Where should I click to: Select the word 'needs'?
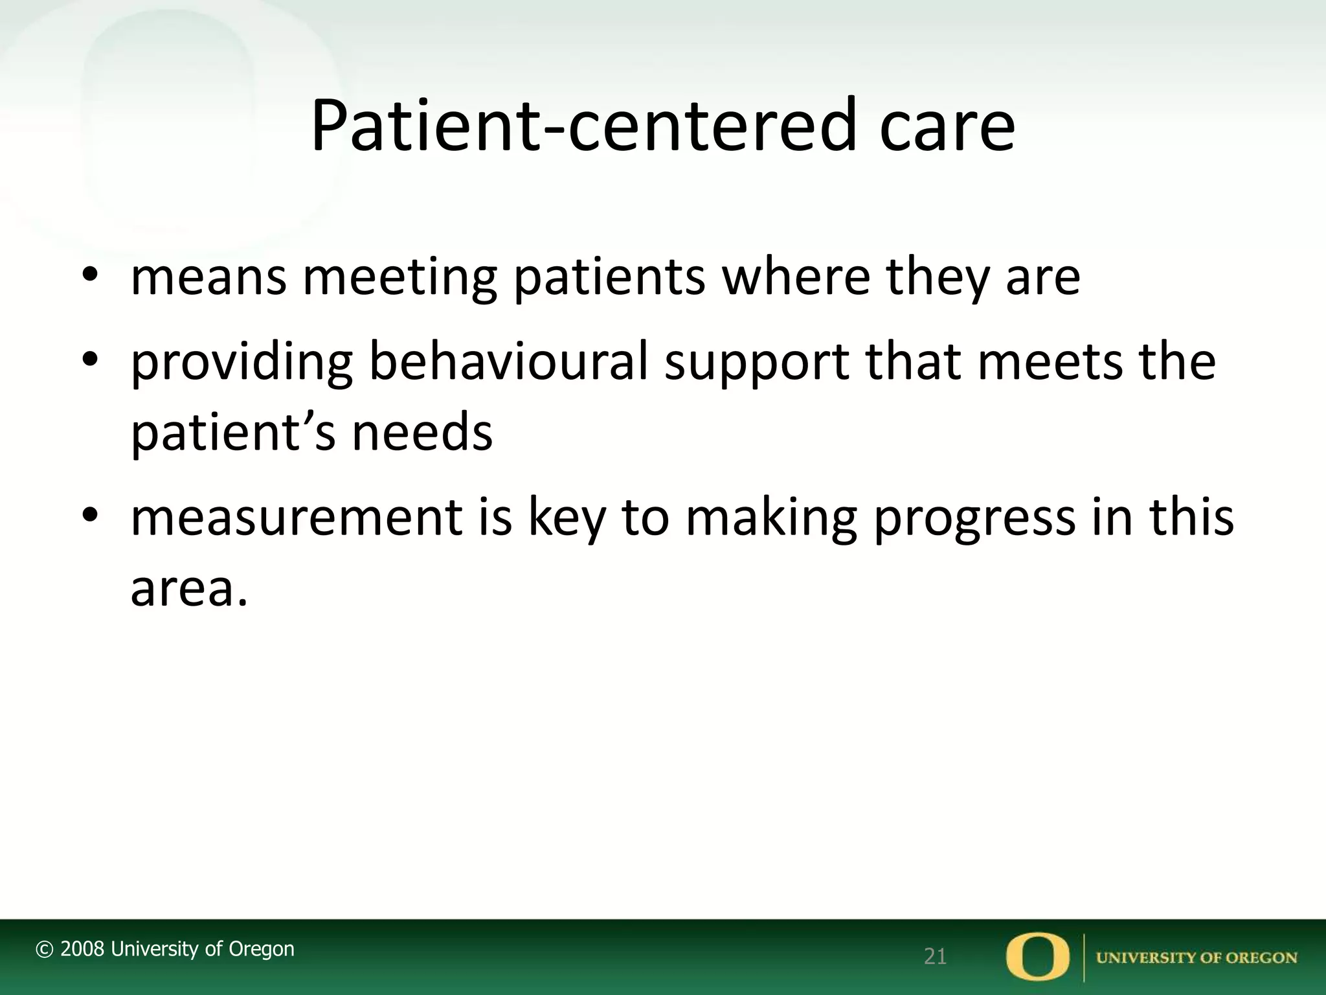click(422, 432)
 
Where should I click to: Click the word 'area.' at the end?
click(189, 589)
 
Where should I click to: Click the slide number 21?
click(935, 957)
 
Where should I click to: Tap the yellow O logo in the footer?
click(1038, 956)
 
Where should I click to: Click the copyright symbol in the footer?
click(44, 950)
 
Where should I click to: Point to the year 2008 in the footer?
click(82, 949)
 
